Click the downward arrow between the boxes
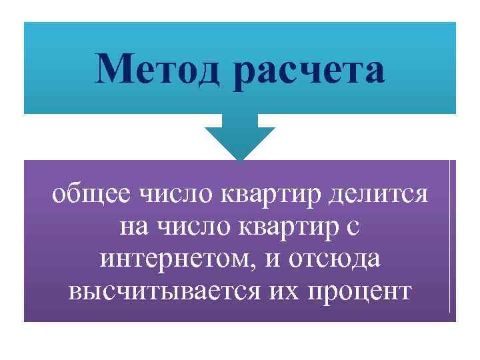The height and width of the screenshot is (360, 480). [x=239, y=137]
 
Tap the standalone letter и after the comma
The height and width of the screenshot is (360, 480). [x=276, y=259]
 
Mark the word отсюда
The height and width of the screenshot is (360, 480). [x=337, y=259]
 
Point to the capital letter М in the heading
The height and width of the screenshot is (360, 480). [x=112, y=70]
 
